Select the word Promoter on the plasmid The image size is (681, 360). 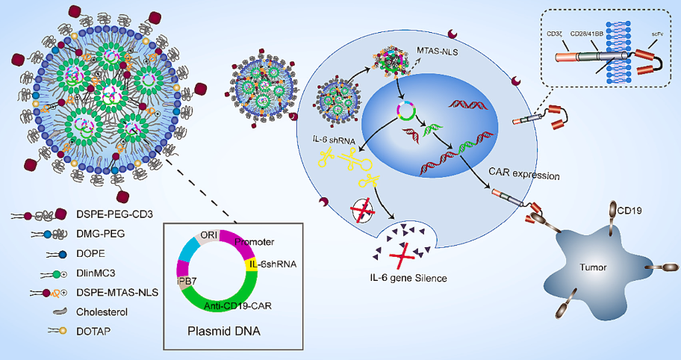point(255,242)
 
